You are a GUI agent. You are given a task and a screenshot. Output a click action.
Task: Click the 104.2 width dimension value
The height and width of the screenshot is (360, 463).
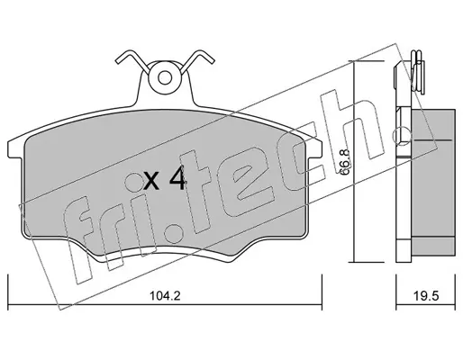(165, 296)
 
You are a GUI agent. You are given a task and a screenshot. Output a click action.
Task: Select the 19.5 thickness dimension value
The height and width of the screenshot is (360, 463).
(426, 296)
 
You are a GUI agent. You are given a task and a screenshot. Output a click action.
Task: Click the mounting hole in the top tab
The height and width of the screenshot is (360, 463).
(165, 78)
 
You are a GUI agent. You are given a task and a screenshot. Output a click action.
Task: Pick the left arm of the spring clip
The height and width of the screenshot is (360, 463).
(132, 60)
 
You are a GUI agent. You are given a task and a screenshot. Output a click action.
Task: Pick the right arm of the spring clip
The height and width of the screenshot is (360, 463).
(197, 60)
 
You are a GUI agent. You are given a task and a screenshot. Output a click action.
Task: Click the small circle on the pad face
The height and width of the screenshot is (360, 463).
(134, 182)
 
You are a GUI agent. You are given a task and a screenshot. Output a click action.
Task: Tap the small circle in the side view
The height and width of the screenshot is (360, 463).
(403, 135)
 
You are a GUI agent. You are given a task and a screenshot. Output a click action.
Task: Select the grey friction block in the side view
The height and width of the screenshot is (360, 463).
(433, 183)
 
